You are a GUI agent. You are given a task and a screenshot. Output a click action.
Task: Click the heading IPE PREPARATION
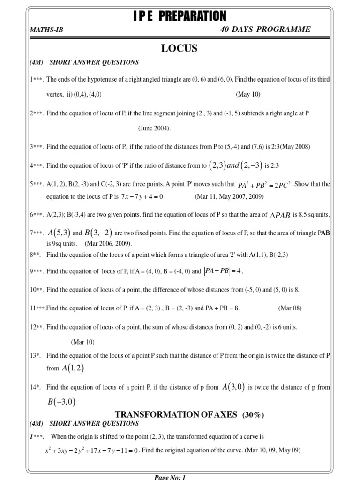180,16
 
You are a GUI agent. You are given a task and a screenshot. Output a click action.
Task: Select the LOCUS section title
180,48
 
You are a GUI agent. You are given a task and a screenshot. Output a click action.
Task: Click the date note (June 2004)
155,128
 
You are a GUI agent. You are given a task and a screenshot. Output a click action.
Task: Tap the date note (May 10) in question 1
248,94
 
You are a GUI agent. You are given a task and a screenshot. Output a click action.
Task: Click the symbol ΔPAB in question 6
280,215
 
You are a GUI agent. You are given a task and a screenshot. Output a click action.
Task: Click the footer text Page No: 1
170,477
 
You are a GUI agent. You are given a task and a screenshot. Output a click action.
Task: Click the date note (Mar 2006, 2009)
108,244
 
